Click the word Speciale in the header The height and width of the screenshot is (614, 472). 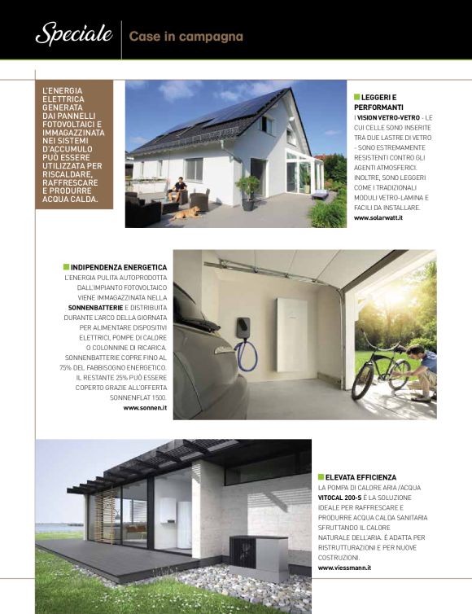(73, 34)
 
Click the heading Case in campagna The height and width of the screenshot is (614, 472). (186, 37)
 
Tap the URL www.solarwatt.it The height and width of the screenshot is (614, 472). (378, 218)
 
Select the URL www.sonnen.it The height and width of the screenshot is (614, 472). (145, 407)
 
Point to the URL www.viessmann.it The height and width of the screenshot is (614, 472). (344, 568)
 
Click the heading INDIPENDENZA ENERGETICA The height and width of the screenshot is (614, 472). (119, 267)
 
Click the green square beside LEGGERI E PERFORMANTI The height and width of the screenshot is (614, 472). (356, 97)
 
